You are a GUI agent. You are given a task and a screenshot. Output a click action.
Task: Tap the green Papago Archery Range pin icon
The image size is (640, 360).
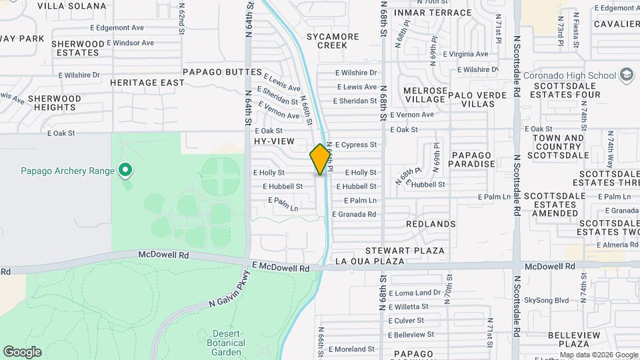[125, 171]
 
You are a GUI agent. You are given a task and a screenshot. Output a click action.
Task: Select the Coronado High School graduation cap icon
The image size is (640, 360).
[626, 75]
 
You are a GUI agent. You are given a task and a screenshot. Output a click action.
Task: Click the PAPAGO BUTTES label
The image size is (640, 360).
[222, 71]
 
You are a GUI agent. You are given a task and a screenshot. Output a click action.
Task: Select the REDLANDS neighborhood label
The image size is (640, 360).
[431, 224]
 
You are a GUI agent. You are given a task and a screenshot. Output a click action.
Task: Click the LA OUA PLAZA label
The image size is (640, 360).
[369, 261]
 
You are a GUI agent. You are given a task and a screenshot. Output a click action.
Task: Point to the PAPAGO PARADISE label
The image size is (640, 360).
[473, 159]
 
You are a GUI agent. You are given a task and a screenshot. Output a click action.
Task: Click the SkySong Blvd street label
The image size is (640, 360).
[546, 301]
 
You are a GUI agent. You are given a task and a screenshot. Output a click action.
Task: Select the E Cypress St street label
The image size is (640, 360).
[355, 144]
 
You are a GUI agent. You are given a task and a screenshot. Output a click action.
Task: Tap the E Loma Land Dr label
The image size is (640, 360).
[414, 293]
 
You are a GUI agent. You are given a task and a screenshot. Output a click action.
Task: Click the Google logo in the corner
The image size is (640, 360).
[22, 352]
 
